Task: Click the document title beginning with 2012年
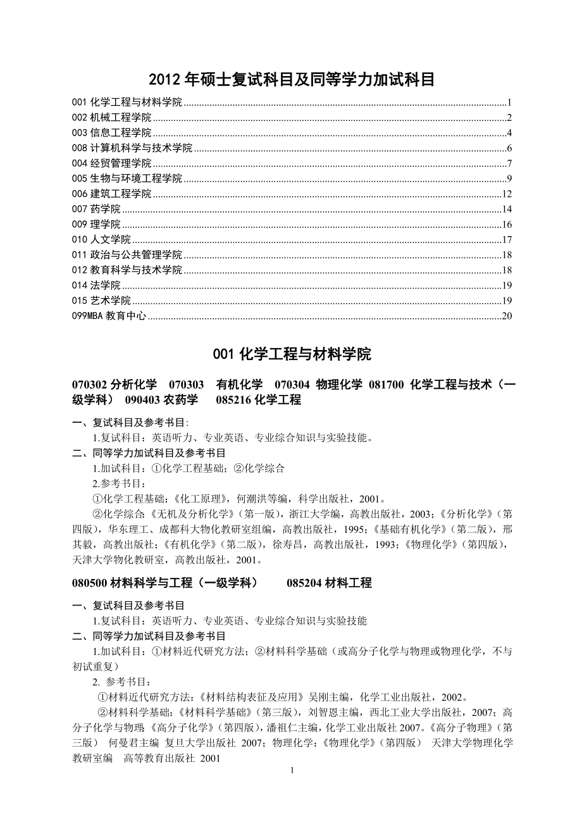(292, 80)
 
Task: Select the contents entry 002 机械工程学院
(112, 117)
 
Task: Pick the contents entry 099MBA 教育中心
(109, 316)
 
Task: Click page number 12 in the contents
(506, 194)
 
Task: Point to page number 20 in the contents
(506, 316)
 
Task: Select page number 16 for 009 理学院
(506, 225)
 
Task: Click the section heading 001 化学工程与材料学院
(292, 354)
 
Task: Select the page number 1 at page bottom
(292, 770)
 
